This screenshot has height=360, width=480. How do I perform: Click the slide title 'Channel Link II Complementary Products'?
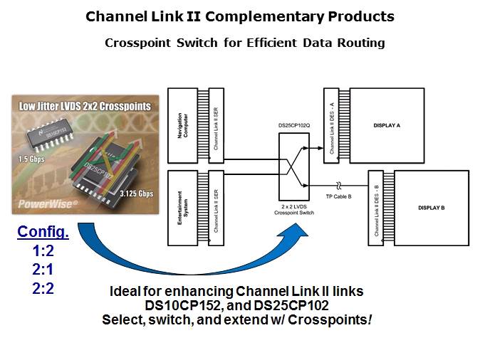click(x=239, y=16)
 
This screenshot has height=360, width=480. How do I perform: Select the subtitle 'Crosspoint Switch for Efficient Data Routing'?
click(x=244, y=43)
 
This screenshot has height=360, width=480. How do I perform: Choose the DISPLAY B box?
click(x=430, y=208)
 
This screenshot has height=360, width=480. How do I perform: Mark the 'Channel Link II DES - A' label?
click(x=330, y=122)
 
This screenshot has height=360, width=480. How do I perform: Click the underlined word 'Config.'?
click(x=43, y=232)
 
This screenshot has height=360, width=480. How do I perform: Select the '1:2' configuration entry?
click(x=43, y=252)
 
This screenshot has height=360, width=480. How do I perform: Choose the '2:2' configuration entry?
click(x=43, y=288)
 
